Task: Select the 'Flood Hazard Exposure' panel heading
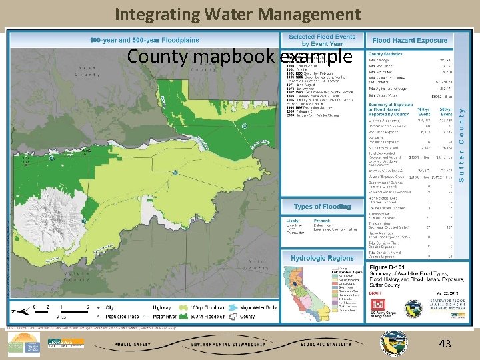(409, 40)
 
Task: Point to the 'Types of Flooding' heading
(322, 207)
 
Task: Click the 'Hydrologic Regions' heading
(322, 258)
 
